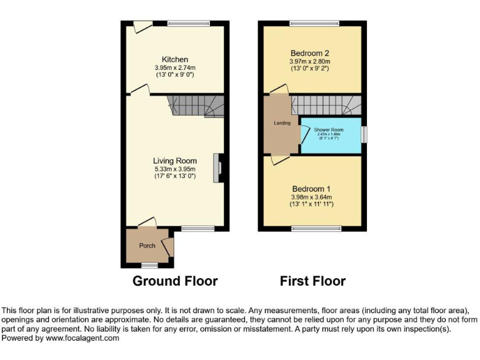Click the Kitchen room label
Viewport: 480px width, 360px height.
pos(174,59)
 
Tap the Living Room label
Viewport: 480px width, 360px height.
pos(175,161)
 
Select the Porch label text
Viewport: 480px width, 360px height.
pos(147,246)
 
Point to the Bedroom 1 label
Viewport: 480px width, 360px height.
pos(311,189)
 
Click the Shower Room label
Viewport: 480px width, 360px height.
pos(329,130)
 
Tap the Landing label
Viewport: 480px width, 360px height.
pos(282,123)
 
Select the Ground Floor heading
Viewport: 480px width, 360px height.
pos(175,281)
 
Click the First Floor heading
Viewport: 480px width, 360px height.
pos(312,281)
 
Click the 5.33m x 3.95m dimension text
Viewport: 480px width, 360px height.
pos(175,169)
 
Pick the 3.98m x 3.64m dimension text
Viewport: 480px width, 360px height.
pos(311,197)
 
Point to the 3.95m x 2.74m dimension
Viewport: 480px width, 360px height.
pos(174,67)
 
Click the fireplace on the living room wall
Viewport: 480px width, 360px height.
pos(218,168)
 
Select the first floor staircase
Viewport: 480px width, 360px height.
pos(325,105)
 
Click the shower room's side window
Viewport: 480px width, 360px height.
pos(365,134)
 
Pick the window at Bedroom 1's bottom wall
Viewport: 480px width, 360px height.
pos(317,229)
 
